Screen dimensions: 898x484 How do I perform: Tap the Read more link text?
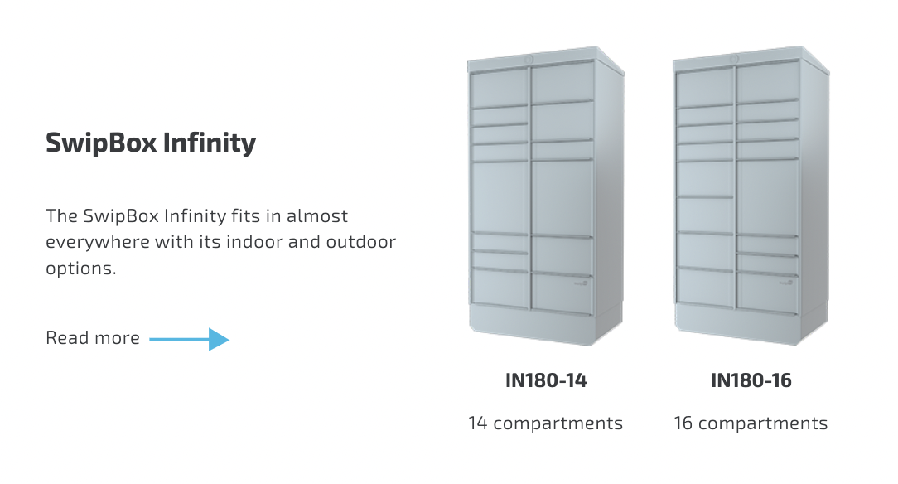(93, 338)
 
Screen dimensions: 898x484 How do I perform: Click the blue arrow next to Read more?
(189, 339)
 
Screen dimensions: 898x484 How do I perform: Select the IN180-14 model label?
(546, 380)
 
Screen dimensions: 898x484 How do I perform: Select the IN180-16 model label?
(751, 380)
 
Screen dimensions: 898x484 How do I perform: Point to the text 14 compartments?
(545, 423)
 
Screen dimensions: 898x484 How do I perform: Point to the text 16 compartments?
(751, 423)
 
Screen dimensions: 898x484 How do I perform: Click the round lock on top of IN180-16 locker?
(735, 59)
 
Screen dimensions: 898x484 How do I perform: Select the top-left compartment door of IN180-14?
(500, 87)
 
